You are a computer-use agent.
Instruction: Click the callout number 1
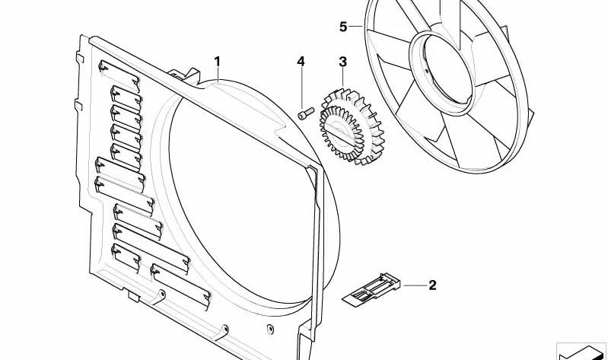coord(218,62)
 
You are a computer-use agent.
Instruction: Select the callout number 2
coord(432,285)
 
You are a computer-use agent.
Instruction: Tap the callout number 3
coord(342,62)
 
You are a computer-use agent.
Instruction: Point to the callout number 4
coord(301,62)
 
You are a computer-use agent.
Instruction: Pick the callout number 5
coord(343,27)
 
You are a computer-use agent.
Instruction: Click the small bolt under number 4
coord(305,113)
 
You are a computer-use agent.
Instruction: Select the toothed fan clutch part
coord(352,127)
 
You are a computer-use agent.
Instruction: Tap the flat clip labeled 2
coord(371,288)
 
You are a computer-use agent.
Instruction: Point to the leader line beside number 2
coord(415,285)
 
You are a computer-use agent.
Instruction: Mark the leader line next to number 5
coord(356,27)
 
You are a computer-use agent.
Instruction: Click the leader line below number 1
coord(218,75)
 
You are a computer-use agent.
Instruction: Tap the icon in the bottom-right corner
coord(581,352)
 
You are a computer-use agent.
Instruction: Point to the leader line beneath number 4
coord(301,88)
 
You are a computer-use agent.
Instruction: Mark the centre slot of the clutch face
coord(340,133)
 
